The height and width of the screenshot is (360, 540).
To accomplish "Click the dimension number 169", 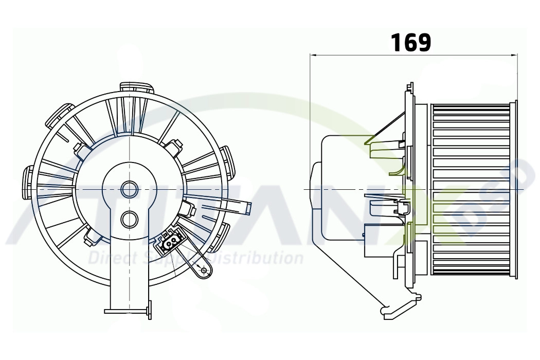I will [411, 43].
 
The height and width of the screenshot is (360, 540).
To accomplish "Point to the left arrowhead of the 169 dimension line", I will [313, 55].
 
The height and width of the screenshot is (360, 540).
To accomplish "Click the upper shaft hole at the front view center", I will [130, 189].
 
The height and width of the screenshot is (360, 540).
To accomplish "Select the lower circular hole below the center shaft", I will [130, 220].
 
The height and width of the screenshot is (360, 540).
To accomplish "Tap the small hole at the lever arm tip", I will [204, 271].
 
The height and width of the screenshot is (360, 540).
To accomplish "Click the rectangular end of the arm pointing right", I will [248, 208].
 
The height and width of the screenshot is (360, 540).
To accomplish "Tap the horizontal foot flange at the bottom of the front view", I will [127, 311].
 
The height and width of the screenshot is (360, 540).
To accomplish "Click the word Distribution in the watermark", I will [261, 257].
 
